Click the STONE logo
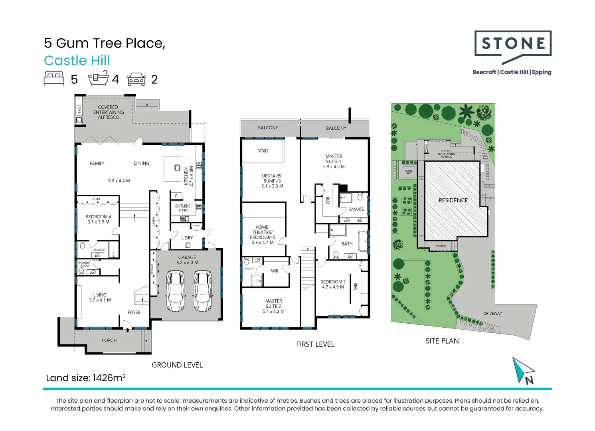pyautogui.click(x=513, y=44)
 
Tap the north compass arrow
pyautogui.click(x=523, y=370)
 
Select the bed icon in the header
pyautogui.click(x=54, y=78)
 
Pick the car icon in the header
pyautogui.click(x=136, y=79)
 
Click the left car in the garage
pyautogui.click(x=176, y=291)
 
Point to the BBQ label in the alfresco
pyautogui.click(x=79, y=110)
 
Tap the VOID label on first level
pyautogui.click(x=263, y=151)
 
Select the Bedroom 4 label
pyautogui.click(x=98, y=219)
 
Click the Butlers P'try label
pyautogui.click(x=183, y=208)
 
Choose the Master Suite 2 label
pyautogui.click(x=273, y=306)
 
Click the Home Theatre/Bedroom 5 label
pyautogui.click(x=262, y=235)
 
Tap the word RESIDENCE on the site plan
pyautogui.click(x=453, y=200)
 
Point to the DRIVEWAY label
pyautogui.click(x=492, y=313)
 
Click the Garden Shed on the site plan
pyautogui.click(x=409, y=172)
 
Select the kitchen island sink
pyautogui.click(x=177, y=168)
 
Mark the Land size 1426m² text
pyautogui.click(x=86, y=378)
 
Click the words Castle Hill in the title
pyautogui.click(x=77, y=61)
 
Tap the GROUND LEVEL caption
pyautogui.click(x=177, y=365)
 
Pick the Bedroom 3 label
pyautogui.click(x=332, y=284)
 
